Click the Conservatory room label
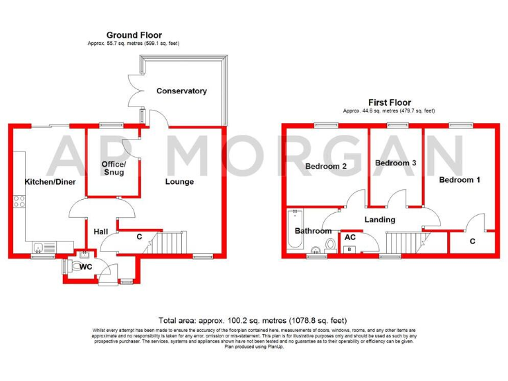[x=181, y=91]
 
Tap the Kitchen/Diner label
[x=50, y=181]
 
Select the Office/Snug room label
[x=113, y=168]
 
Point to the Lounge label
[x=179, y=181]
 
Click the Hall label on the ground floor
[x=101, y=232]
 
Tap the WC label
[x=85, y=267]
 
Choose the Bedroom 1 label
[x=460, y=179]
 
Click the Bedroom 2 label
[x=325, y=167]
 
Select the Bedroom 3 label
[x=395, y=163]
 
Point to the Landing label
[x=380, y=220]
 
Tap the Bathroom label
[x=313, y=231]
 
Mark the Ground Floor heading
[x=134, y=35]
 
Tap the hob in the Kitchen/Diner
[x=19, y=201]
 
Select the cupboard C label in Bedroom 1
[x=472, y=241]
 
